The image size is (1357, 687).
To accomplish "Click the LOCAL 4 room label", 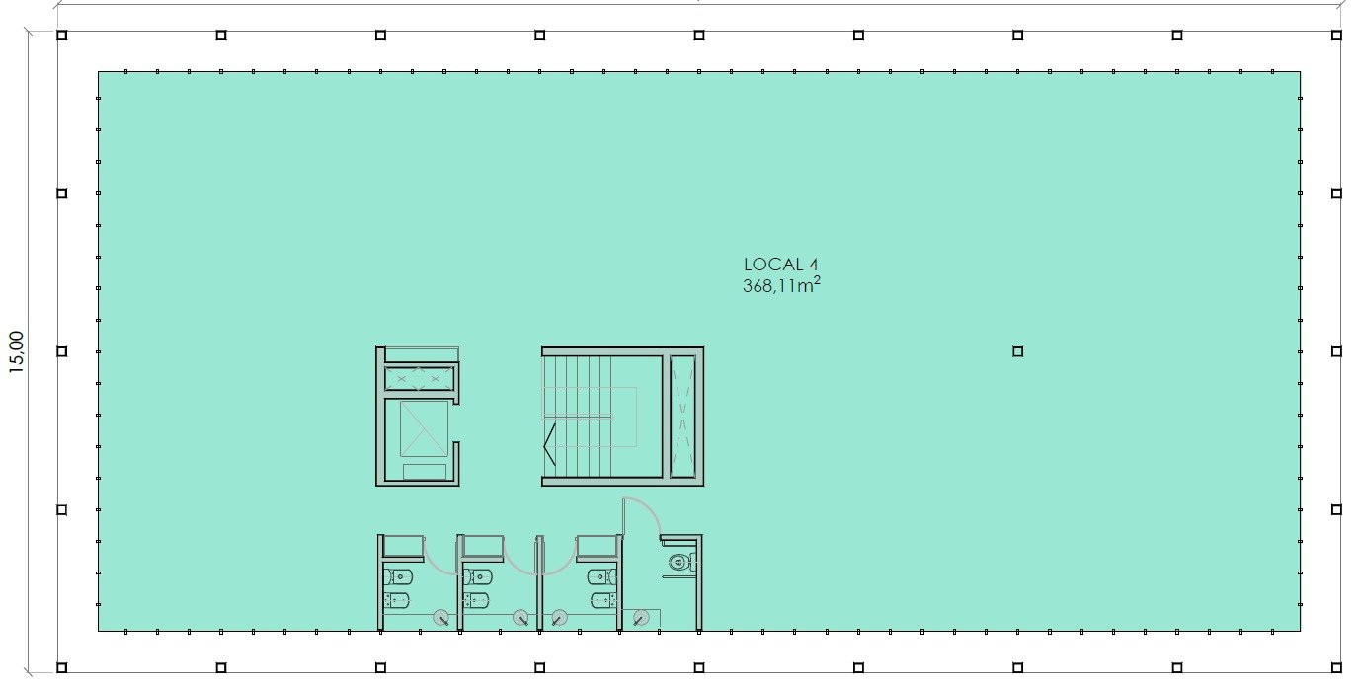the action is pos(781,264).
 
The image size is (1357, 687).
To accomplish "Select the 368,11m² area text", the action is pos(781,284).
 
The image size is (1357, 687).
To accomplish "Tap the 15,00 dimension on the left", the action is pos(17,351).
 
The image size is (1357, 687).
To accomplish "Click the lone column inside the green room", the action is pos(1017,351).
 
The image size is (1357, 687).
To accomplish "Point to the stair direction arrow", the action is pos(549,445).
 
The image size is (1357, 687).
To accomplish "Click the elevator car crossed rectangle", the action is pos(424,428).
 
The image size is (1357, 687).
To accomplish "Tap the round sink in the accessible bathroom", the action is pos(641,618).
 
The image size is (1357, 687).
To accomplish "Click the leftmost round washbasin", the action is pos(441,618).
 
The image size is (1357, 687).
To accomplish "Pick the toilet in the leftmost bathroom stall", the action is pos(399,576).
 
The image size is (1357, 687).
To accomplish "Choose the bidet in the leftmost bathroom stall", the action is pos(397,600).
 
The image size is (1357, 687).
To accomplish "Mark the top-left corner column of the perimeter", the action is pos(62,36).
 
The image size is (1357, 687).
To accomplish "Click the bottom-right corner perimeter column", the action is pos(1336,667).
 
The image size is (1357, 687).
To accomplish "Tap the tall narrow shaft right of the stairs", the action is pos(683,417).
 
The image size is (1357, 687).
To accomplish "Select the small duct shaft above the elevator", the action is pos(419,379).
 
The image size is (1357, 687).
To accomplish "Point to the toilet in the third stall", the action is pos(602,576).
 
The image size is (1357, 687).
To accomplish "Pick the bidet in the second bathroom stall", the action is pos(477,600).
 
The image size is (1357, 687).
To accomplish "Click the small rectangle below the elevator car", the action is pos(425,472).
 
